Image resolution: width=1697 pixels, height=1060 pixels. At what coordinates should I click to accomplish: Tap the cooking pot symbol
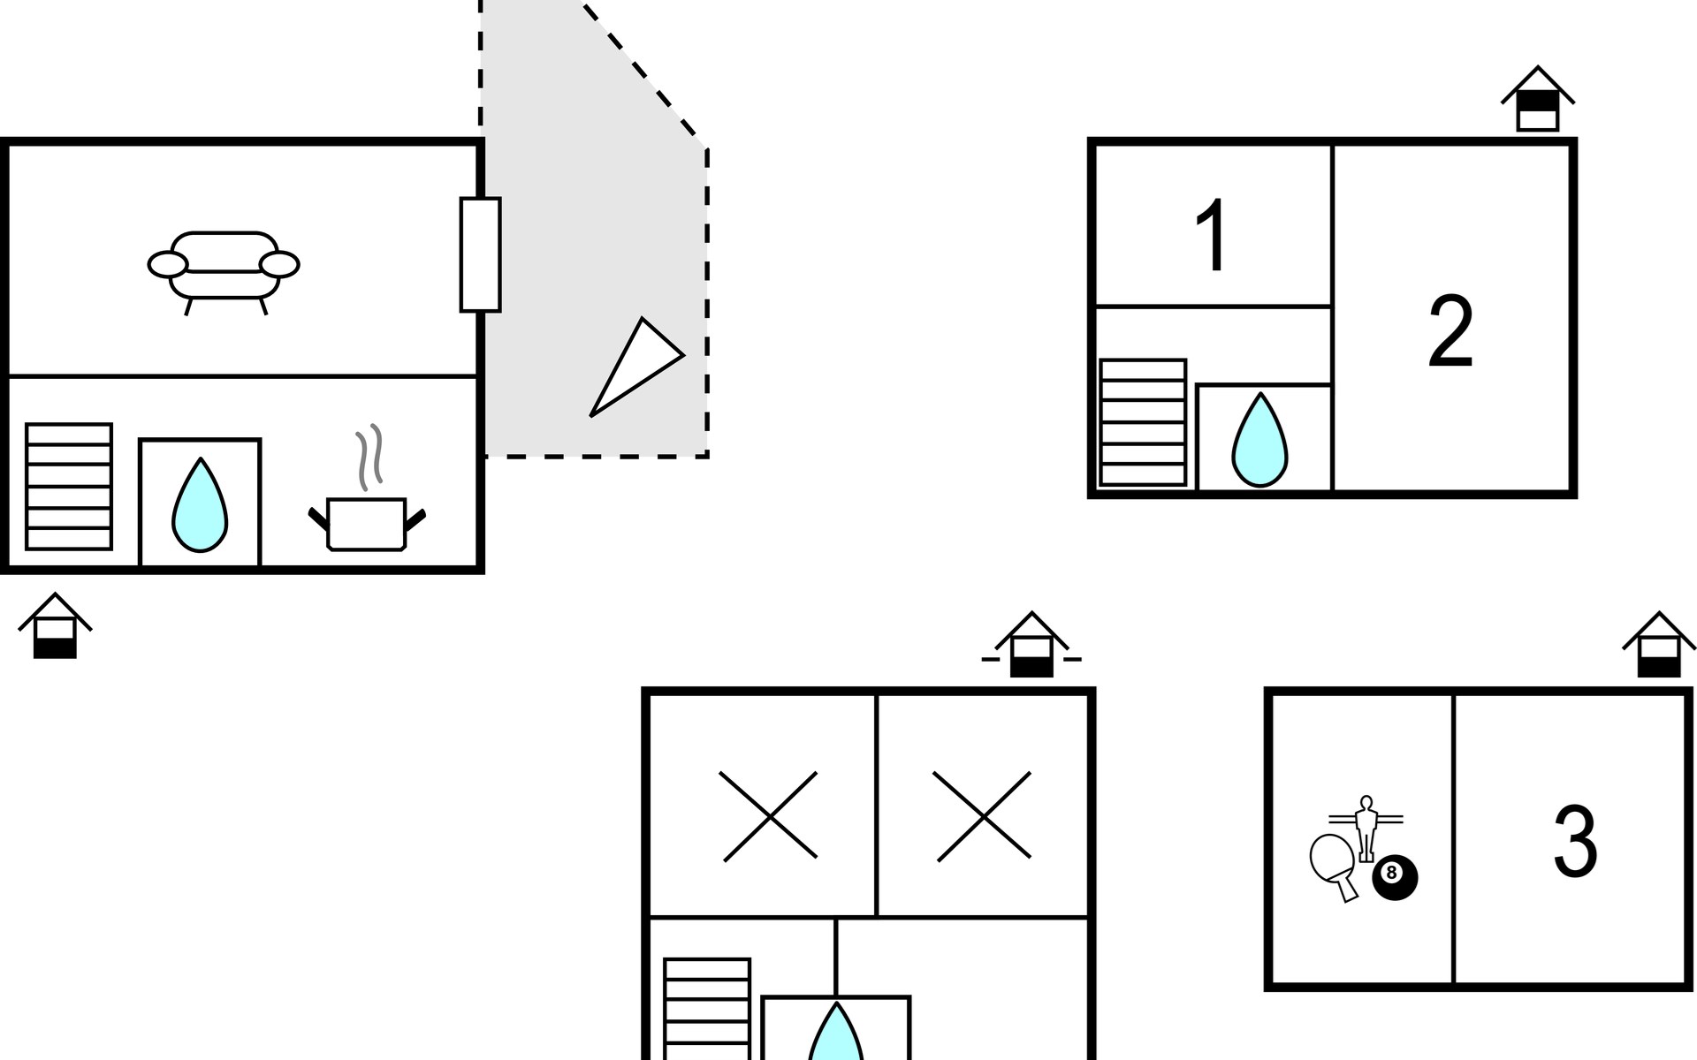coord(366,524)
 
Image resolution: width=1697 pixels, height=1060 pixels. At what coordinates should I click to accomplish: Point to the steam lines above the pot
coord(370,456)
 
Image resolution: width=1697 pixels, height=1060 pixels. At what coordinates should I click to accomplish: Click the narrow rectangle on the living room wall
coord(480,254)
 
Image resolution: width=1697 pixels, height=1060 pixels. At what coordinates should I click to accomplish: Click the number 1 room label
coord(1212,236)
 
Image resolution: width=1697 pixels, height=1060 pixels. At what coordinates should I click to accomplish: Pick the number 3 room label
coord(1574,842)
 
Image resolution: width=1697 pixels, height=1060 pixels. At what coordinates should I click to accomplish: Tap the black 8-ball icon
coord(1394,878)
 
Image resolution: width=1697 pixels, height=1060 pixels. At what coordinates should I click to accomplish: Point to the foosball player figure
coord(1366,827)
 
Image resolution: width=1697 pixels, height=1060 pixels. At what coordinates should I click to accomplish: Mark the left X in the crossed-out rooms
coord(769,816)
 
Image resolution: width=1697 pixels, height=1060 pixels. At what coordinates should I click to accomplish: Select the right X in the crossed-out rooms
coord(983,816)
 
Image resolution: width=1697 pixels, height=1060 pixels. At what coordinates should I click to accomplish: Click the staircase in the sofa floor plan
coord(69,487)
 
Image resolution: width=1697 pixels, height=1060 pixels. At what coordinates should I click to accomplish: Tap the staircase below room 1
coord(1143,422)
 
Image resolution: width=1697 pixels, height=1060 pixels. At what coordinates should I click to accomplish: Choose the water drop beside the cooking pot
coord(200,505)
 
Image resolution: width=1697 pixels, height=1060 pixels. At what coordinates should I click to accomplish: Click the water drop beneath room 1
coord(1259,440)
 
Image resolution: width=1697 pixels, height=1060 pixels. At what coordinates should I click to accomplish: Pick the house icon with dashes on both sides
coord(1031,646)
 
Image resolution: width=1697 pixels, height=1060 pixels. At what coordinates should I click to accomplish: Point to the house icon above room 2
coord(1537,100)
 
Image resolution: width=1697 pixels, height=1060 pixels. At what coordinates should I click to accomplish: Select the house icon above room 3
coord(1659,646)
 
